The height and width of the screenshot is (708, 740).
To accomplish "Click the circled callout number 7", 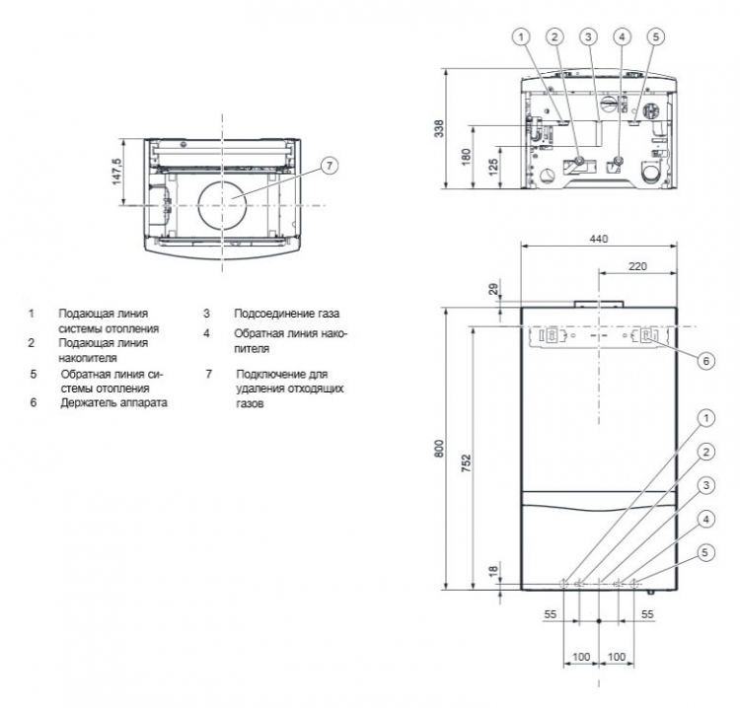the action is click(330, 166).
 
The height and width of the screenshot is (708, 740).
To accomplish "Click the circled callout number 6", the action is click(706, 361).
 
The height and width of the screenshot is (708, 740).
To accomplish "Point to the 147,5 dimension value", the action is click(116, 172).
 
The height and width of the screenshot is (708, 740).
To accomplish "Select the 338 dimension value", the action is click(439, 129).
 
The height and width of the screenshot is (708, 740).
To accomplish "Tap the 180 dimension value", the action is click(466, 158).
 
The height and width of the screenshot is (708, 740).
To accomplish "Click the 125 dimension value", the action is click(492, 168).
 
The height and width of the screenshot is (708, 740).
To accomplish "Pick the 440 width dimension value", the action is click(599, 240).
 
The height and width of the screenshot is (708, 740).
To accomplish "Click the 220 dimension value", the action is click(637, 266).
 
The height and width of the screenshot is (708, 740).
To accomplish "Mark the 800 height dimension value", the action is click(439, 449).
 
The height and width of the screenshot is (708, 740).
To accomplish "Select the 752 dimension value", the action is click(466, 463).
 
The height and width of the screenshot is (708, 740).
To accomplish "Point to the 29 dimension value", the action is click(492, 289).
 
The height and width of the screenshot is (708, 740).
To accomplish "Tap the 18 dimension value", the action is click(492, 571).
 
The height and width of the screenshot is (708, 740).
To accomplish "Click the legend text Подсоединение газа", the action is click(286, 314).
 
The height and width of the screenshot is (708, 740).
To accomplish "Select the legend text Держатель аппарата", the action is click(113, 403).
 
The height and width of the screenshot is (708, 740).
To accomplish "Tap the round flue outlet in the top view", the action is click(222, 206).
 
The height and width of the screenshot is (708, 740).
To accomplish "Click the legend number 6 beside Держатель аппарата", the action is click(33, 403).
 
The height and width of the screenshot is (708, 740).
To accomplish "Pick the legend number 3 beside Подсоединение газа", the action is click(206, 314).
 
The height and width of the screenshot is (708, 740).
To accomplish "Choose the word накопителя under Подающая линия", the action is click(88, 358).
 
